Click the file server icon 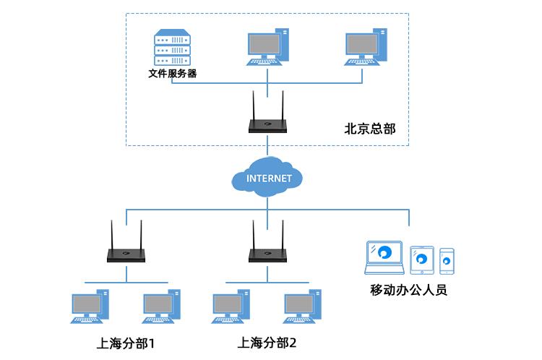(x=172, y=46)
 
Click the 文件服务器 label (x=172, y=73)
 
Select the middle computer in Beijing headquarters (x=267, y=46)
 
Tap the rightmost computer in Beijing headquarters (x=365, y=46)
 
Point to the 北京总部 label (x=370, y=129)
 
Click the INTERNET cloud (x=268, y=178)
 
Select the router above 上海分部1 (x=126, y=254)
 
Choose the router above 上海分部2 (x=267, y=254)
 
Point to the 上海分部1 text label (x=126, y=342)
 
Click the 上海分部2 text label (x=267, y=342)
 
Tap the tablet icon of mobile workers (x=422, y=260)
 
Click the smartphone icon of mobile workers (x=447, y=261)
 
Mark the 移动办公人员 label (x=409, y=291)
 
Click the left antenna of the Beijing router (x=254, y=105)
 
